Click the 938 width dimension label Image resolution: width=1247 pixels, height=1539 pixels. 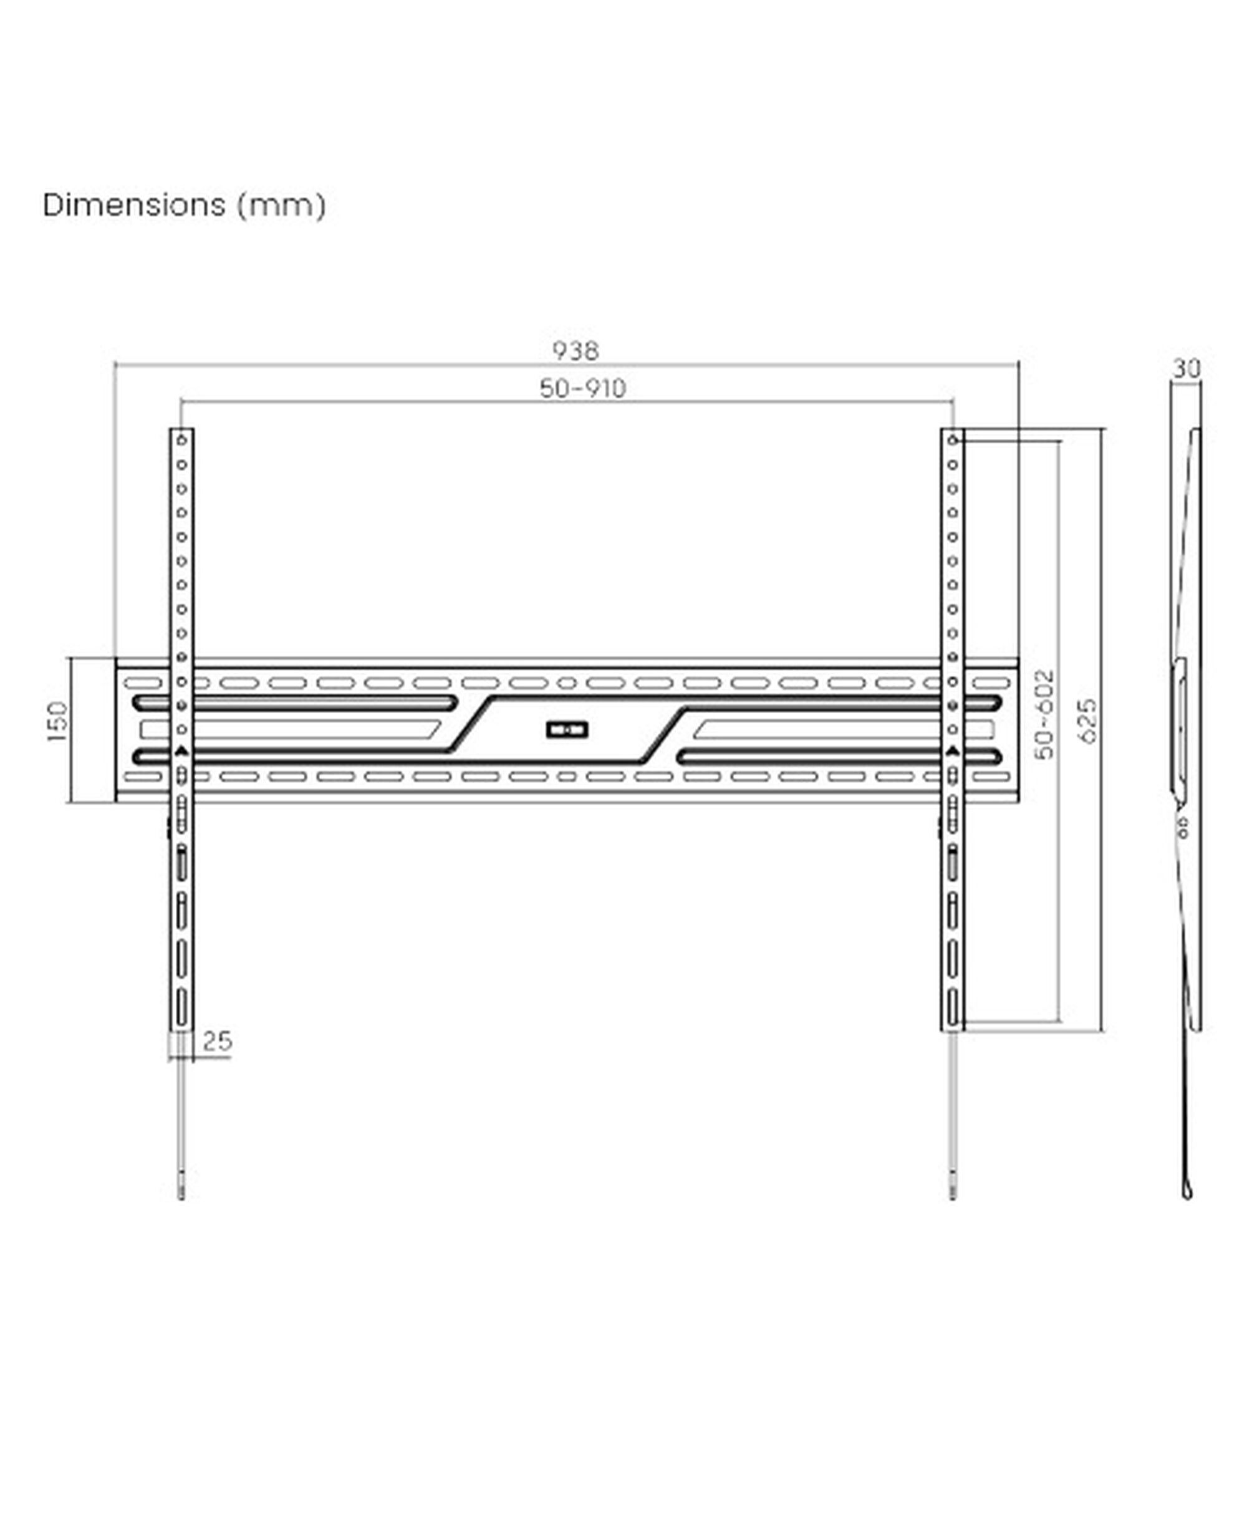[x=575, y=350]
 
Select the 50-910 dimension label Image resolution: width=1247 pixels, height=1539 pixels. [x=582, y=388]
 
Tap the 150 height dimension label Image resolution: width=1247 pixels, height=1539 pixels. [x=57, y=721]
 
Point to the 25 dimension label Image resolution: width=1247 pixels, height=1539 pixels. [x=218, y=1042]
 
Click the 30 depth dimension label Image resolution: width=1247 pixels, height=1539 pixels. [x=1187, y=368]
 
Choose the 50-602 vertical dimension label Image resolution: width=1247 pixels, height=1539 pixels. [x=1045, y=714]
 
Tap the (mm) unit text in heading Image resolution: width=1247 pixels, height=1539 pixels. [x=282, y=206]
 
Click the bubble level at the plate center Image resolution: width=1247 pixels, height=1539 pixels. [x=567, y=731]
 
